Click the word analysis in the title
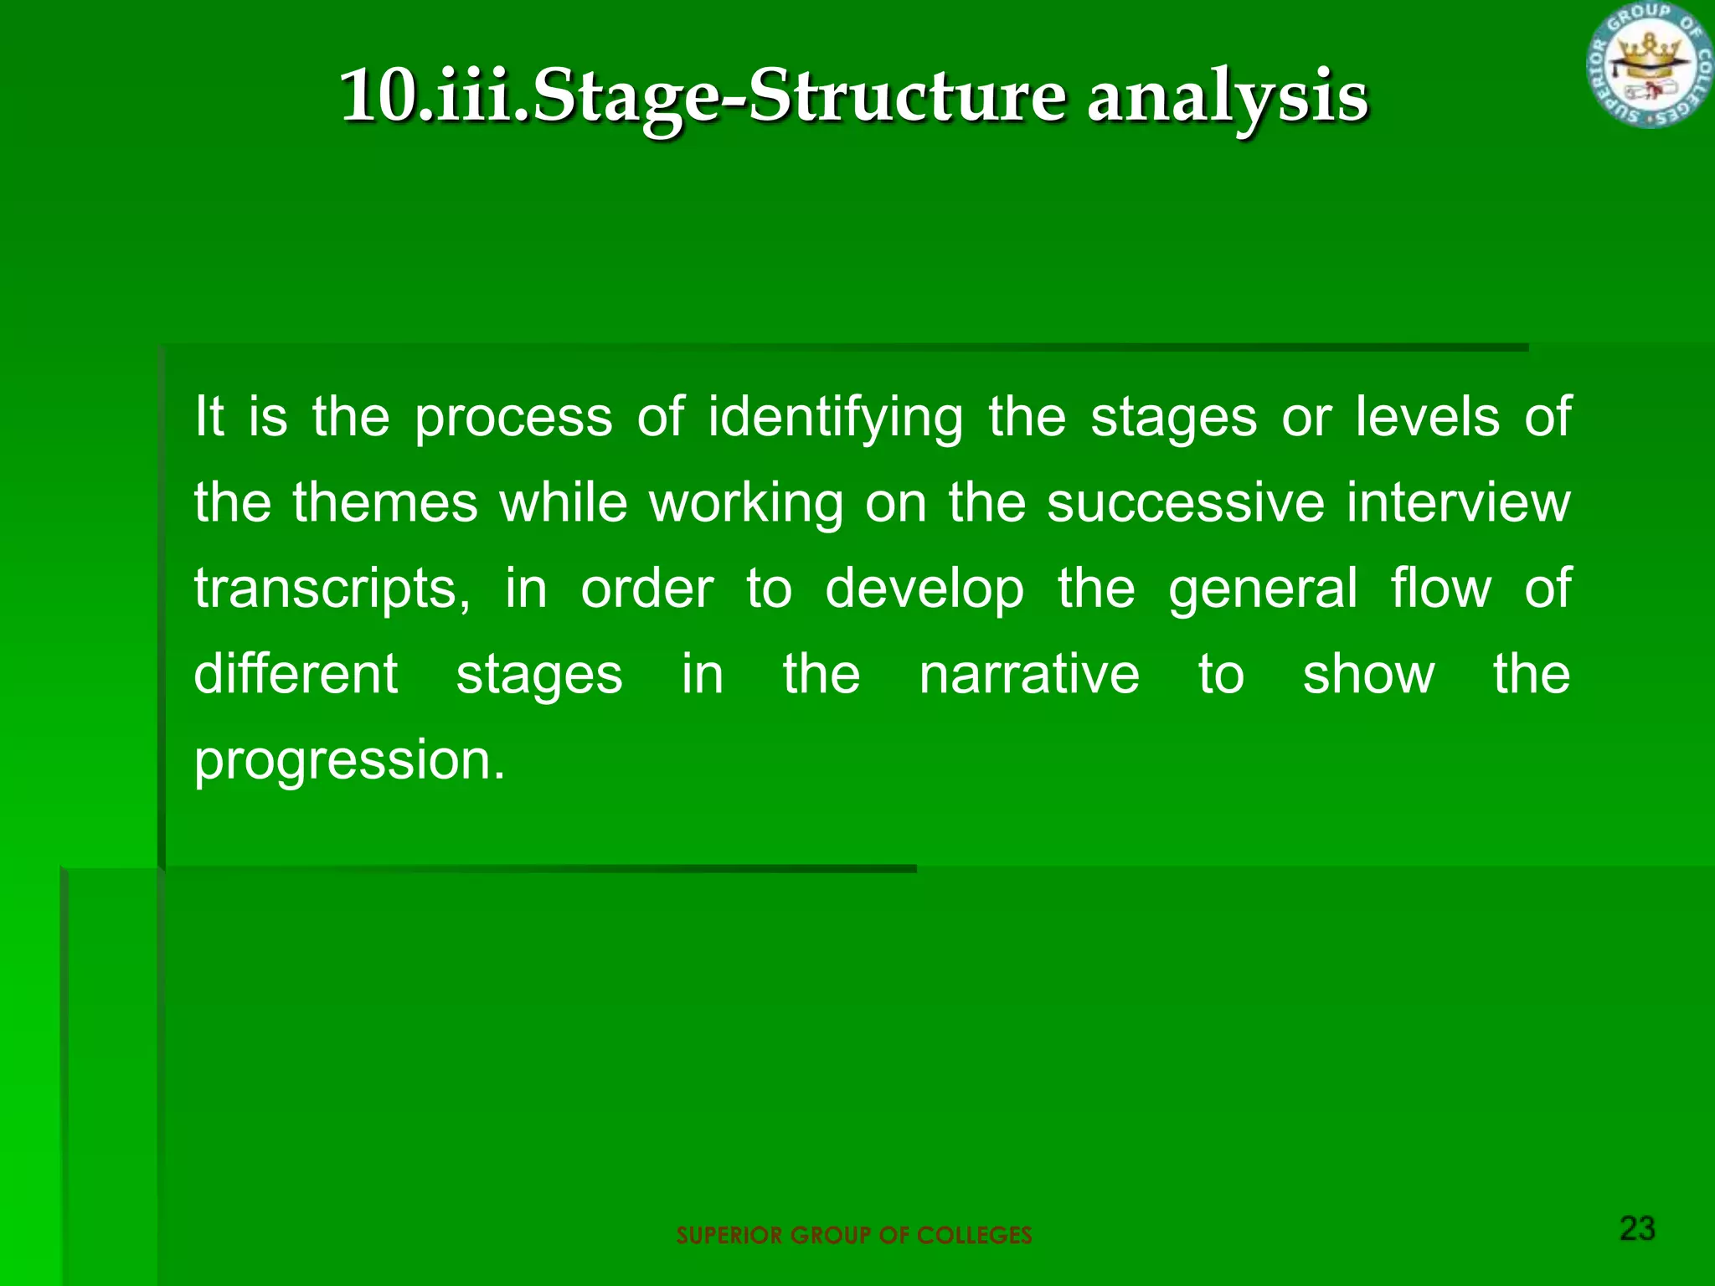click(1227, 97)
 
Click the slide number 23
click(1637, 1228)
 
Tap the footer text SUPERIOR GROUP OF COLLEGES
click(853, 1235)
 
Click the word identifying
click(835, 417)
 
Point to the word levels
click(1427, 417)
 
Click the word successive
click(1186, 503)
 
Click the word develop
click(924, 589)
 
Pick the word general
click(1262, 589)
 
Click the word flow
click(1440, 588)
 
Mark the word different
click(296, 675)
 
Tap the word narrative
click(1028, 675)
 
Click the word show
click(1368, 675)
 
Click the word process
click(513, 417)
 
